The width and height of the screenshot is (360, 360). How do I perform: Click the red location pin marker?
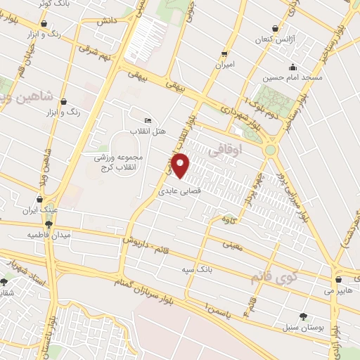pyautogui.click(x=181, y=165)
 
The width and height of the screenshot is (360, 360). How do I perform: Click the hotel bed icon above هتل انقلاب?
pyautogui.click(x=148, y=121)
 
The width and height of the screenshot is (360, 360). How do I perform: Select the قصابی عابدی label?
pyautogui.click(x=175, y=191)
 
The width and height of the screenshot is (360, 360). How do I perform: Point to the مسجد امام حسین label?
pyautogui.click(x=295, y=77)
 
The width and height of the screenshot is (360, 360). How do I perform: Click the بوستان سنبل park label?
pyautogui.click(x=303, y=327)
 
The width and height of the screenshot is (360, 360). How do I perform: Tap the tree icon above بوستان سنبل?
pyautogui.click(x=303, y=316)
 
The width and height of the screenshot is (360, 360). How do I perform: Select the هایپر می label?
pyautogui.click(x=337, y=289)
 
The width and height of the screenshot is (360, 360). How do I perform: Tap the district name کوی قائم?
pyautogui.click(x=274, y=278)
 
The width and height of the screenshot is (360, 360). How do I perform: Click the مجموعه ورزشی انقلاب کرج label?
pyautogui.click(x=119, y=162)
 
